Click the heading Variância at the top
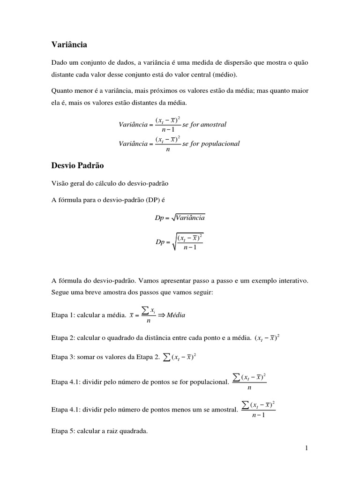pyautogui.click(x=69, y=45)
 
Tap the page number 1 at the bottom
pyautogui.click(x=306, y=448)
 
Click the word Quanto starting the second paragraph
pyautogui.click(x=62, y=90)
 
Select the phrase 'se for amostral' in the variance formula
pyautogui.click(x=204, y=125)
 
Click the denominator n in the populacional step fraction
pyautogui.click(x=249, y=388)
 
